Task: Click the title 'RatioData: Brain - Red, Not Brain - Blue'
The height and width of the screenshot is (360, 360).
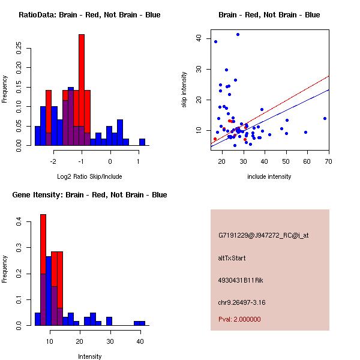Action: tap(89, 15)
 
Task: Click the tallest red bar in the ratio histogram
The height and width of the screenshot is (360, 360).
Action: tap(82, 90)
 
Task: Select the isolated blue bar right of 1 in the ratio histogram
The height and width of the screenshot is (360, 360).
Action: tap(142, 142)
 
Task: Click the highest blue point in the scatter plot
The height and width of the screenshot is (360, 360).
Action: tap(238, 35)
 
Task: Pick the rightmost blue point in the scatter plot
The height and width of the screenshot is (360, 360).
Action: tap(325, 118)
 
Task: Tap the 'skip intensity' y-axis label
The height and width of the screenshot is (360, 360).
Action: tap(185, 90)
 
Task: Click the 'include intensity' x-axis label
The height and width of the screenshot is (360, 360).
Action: tap(269, 176)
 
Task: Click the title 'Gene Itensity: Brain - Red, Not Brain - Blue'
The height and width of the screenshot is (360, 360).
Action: tap(89, 195)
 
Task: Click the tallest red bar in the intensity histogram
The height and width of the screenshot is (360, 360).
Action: tap(43, 269)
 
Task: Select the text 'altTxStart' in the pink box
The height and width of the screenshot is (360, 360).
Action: tap(232, 258)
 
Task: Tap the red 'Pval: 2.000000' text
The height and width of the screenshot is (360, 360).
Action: tap(239, 319)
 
